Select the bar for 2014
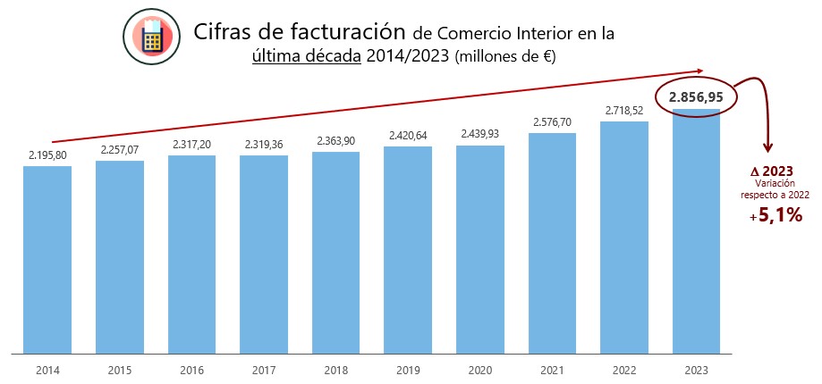click(47, 259)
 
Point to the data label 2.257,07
click(120, 149)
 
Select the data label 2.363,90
click(335, 140)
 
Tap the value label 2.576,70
click(552, 121)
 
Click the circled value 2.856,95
click(695, 96)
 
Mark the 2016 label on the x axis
click(191, 368)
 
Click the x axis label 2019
click(408, 368)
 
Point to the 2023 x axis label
click(695, 368)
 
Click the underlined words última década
click(307, 56)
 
